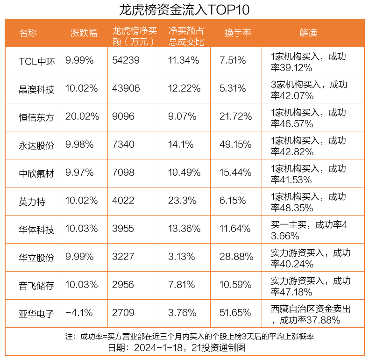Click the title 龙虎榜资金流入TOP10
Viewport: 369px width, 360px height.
coord(184,9)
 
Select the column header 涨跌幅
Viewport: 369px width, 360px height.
coord(84,33)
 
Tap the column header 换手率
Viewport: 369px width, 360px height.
coord(238,33)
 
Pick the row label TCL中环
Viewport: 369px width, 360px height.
coord(37,61)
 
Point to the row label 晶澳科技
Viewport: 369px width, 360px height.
coord(37,89)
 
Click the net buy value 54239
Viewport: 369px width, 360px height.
coord(126,61)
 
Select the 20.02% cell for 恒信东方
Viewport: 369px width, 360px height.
coord(82,117)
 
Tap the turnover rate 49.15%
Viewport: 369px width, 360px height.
coord(235,145)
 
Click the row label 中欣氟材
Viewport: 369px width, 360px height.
coord(37,173)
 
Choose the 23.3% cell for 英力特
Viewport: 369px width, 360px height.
coord(182,201)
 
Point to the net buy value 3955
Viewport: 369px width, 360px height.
coord(123,229)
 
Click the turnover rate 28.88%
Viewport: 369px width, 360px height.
coord(236,257)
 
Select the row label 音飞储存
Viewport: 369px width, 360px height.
coord(37,286)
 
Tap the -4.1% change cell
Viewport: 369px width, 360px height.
coord(79,313)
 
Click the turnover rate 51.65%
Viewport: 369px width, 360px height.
coord(235,313)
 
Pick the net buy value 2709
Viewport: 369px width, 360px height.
coord(123,313)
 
